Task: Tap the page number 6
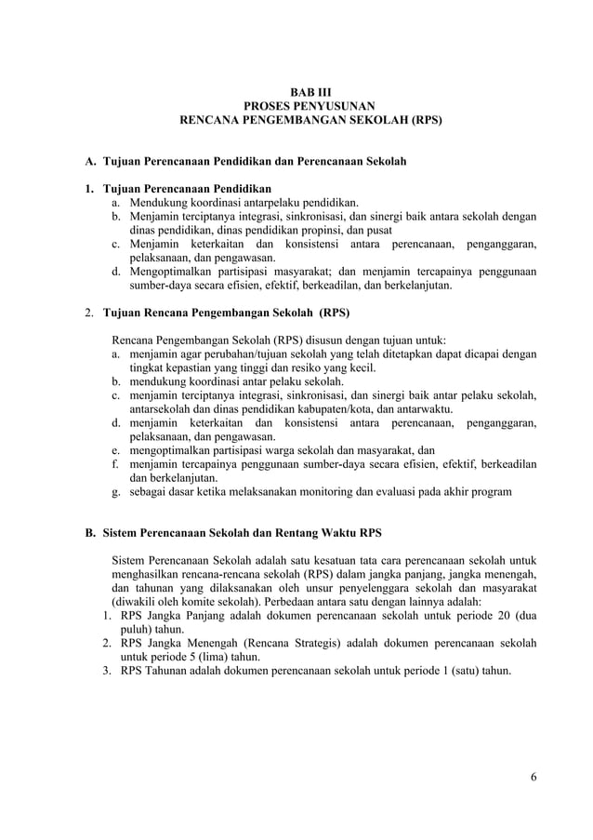533,778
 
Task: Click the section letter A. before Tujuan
91,162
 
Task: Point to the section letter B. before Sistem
91,533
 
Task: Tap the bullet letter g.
115,490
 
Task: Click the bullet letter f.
115,462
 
